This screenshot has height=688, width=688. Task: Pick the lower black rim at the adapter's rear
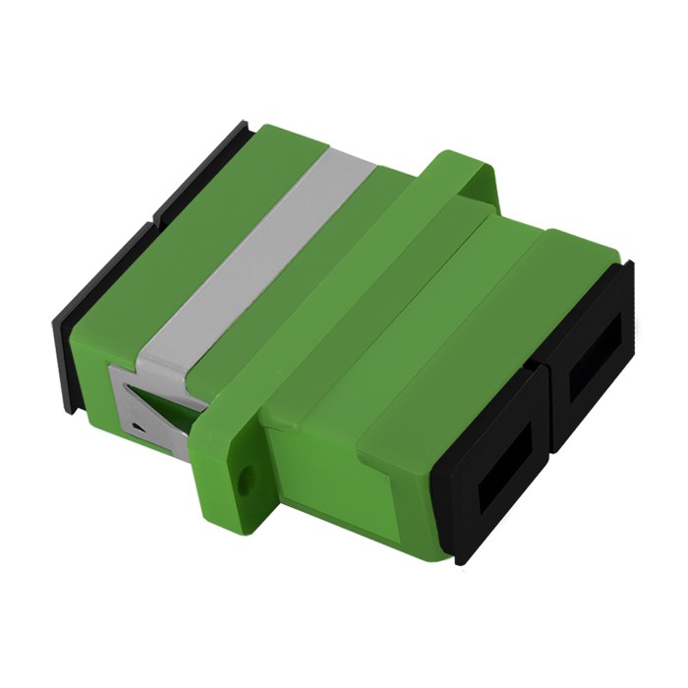point(88,295)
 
